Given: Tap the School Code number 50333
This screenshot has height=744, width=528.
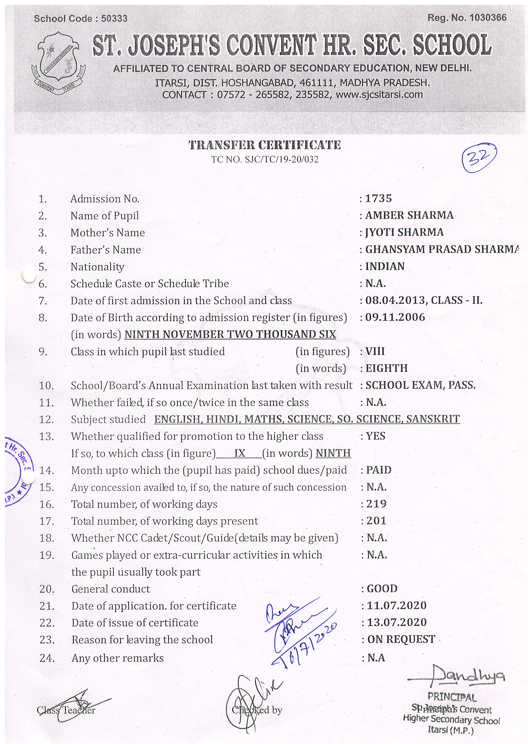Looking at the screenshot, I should pyautogui.click(x=114, y=19).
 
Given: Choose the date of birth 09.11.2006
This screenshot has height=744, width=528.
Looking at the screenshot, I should pyautogui.click(x=395, y=317).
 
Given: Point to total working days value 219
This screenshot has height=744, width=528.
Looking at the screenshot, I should pyautogui.click(x=377, y=504).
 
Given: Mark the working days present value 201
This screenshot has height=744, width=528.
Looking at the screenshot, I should pyautogui.click(x=377, y=521).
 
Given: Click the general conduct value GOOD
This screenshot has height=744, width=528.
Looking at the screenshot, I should pyautogui.click(x=382, y=589).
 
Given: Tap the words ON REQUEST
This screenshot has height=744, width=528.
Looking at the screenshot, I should pyautogui.click(x=401, y=639).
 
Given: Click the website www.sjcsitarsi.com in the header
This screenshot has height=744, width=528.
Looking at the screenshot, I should pyautogui.click(x=379, y=95).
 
